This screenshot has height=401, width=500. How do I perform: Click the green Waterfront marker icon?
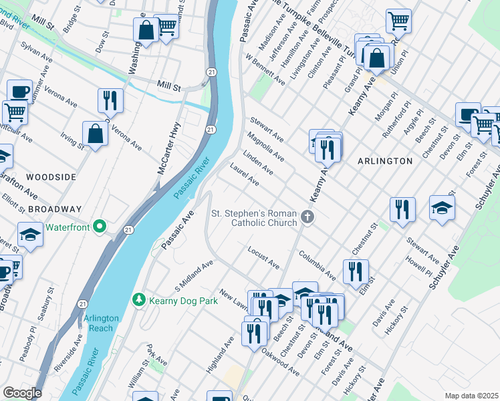point(100,227)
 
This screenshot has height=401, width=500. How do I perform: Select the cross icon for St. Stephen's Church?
point(307,216)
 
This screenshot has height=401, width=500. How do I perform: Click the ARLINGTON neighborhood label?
point(384,161)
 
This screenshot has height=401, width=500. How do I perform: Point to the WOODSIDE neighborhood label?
point(51,176)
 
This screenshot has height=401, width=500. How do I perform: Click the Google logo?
point(21,393)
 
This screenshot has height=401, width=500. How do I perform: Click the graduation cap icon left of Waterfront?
point(30,235)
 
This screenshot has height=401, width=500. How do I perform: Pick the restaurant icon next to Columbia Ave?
point(355,271)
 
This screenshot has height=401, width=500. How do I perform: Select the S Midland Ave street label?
point(194,272)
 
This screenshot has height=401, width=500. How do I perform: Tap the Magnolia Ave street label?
point(265,146)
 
